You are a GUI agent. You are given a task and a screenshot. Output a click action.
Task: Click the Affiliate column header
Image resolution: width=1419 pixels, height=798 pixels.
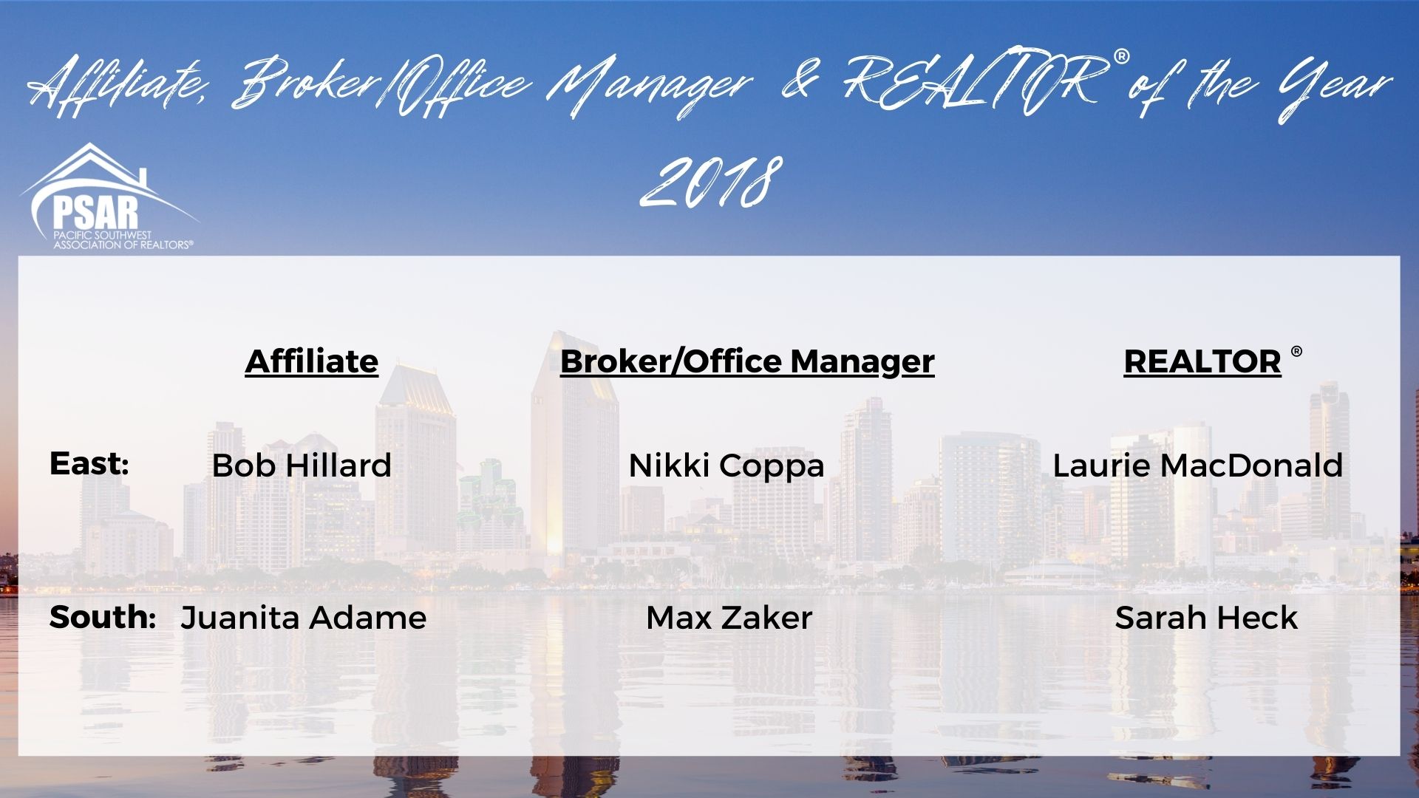[x=311, y=361]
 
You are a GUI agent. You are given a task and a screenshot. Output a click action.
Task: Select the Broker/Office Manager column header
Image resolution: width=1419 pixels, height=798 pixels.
[x=747, y=362]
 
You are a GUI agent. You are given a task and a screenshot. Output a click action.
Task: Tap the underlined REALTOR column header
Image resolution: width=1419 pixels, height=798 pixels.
[x=1202, y=361]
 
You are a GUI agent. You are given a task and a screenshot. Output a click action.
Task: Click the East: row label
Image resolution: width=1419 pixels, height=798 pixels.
[x=89, y=464]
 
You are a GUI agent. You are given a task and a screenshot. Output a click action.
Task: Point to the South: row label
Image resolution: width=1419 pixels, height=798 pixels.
[x=102, y=617]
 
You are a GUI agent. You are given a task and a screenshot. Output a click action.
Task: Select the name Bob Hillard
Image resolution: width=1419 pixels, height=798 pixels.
[x=302, y=465]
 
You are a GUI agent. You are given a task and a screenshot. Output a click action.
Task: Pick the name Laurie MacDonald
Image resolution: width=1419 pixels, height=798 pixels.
[x=1197, y=465]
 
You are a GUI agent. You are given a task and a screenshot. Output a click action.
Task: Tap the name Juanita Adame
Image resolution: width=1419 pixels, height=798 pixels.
[x=303, y=618]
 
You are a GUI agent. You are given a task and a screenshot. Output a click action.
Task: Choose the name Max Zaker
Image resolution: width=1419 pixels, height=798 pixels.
[x=729, y=618]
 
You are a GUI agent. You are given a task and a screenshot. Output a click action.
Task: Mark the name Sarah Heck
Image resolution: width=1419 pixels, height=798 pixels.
[x=1206, y=618]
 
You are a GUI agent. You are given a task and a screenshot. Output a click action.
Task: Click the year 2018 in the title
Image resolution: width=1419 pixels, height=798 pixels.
[x=711, y=181]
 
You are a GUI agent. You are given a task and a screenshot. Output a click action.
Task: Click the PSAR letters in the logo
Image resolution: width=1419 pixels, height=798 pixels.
[x=95, y=210]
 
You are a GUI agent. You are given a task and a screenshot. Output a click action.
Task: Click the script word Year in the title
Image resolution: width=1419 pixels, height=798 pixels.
[x=1324, y=89]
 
